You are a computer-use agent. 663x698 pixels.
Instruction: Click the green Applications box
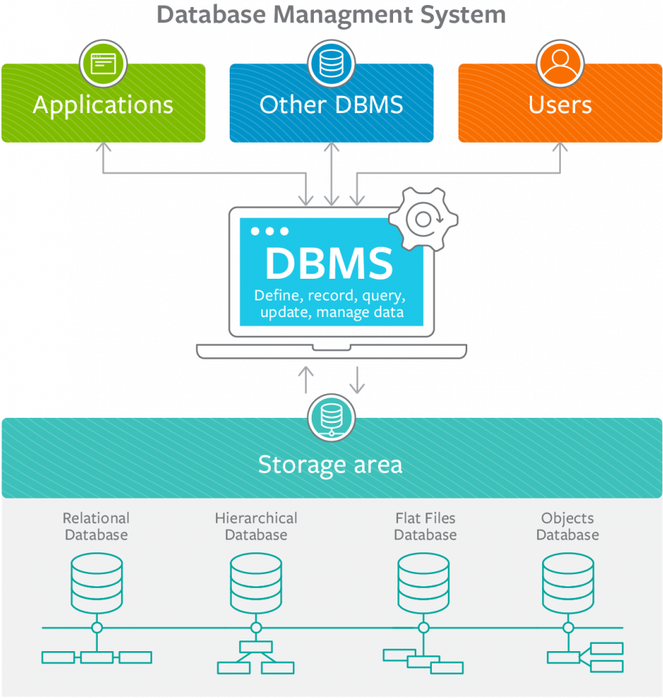coord(103,105)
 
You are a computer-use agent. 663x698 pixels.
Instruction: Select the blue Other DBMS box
coord(331,105)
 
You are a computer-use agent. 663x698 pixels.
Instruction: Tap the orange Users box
coord(560,105)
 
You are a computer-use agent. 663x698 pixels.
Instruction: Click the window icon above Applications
coord(103,63)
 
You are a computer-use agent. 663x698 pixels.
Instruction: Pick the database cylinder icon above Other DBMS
coord(331,63)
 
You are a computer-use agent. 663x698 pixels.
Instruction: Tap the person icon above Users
coord(560,63)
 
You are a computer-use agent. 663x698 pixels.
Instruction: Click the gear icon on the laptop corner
coord(423,218)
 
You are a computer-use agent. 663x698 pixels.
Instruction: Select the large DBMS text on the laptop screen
coord(329,264)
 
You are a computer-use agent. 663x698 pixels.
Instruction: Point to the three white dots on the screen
coord(269,231)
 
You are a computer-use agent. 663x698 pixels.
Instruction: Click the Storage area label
coord(330,465)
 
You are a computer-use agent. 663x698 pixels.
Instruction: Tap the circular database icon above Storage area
coord(331,418)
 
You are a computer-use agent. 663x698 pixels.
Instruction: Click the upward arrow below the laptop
coord(306,380)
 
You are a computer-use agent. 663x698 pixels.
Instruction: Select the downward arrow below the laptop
coord(357,380)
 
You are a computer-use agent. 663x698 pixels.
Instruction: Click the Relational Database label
coord(96,527)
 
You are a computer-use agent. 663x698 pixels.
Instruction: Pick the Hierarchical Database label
coord(256,527)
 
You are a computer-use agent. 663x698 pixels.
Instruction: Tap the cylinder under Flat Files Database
coord(423,580)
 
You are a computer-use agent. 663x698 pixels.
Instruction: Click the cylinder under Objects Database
coord(568,580)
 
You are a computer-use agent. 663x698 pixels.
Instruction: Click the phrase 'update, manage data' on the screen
coord(332,313)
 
